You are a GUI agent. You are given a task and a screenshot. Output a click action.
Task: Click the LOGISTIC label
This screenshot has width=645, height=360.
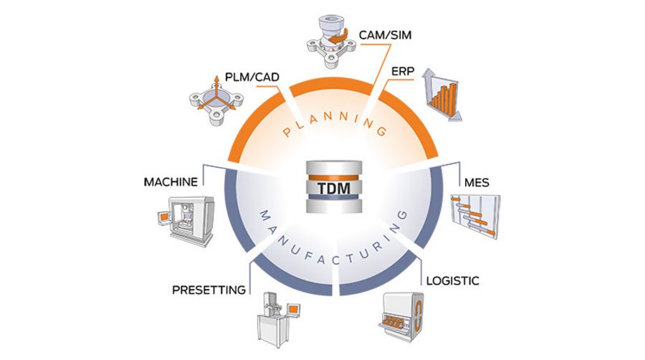(453, 279)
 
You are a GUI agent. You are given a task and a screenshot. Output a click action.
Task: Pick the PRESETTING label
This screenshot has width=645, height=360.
(209, 290)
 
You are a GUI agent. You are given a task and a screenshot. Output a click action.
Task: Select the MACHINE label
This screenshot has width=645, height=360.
(170, 181)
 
